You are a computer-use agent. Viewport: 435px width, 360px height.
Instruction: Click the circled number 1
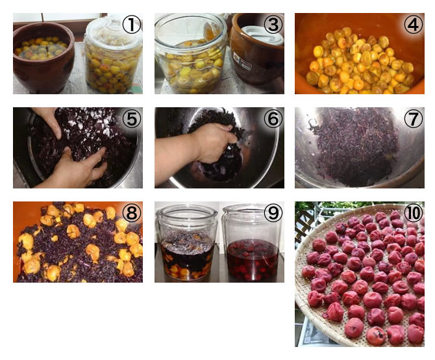click(x=132, y=25)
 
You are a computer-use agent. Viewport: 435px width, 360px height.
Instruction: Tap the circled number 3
click(x=273, y=25)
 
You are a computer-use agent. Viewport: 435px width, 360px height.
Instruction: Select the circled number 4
click(x=414, y=25)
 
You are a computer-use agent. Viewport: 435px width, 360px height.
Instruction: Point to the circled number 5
click(x=132, y=118)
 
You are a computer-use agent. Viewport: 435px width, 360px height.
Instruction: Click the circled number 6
click(x=273, y=118)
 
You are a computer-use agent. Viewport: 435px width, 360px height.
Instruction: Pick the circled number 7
click(x=414, y=118)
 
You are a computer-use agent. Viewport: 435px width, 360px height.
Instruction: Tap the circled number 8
click(x=132, y=213)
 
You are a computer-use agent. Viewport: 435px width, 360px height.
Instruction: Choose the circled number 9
click(x=273, y=213)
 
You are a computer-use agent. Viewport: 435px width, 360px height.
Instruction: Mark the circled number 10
click(x=414, y=213)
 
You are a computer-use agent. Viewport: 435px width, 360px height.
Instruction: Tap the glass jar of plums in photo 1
click(x=113, y=55)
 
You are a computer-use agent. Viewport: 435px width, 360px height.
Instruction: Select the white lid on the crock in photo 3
click(x=262, y=34)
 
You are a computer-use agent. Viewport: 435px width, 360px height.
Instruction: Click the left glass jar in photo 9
click(x=187, y=243)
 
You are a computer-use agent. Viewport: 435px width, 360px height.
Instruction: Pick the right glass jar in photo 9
click(x=252, y=243)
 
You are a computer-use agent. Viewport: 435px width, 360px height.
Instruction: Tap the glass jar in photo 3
click(x=192, y=54)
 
